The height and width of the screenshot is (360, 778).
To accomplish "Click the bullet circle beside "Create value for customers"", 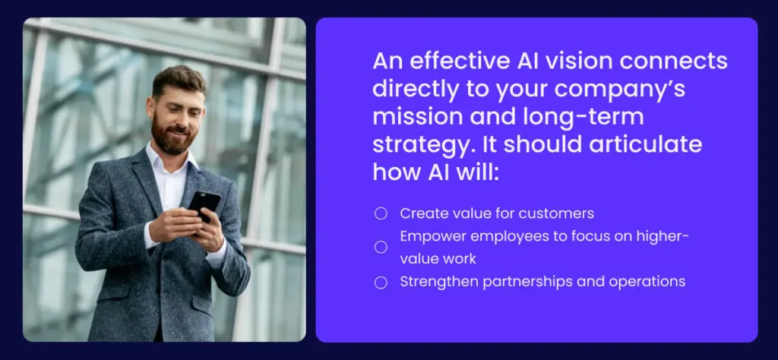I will [x=381, y=213].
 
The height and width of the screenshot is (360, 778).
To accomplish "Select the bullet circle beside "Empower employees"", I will [x=381, y=247].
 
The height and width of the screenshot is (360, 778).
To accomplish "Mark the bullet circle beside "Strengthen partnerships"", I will [x=381, y=282].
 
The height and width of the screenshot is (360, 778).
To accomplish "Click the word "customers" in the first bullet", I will [x=561, y=213].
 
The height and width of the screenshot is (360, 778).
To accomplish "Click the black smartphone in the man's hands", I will [x=203, y=204].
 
